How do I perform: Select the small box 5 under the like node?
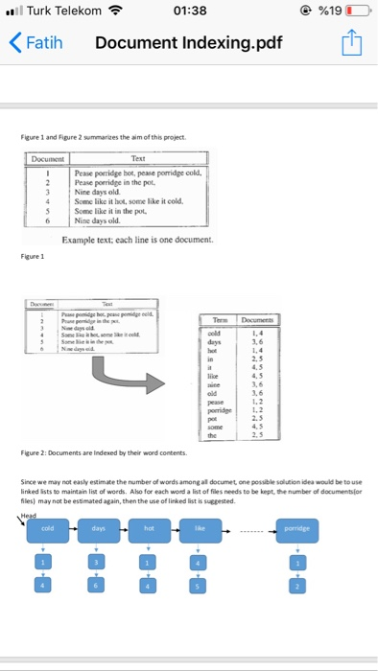coord(200,584)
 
